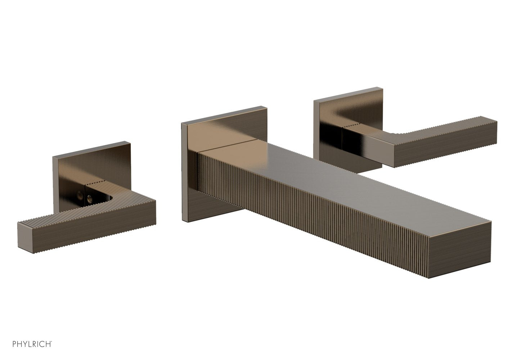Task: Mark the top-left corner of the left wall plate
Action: pyautogui.click(x=53, y=157)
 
